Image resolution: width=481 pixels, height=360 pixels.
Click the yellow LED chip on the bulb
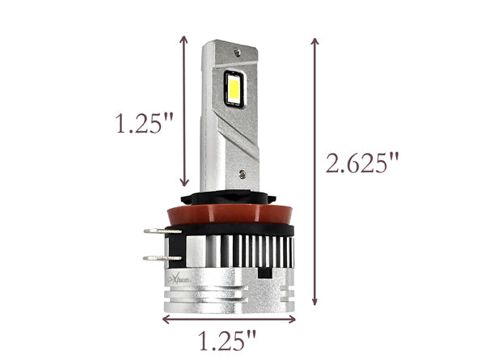234,89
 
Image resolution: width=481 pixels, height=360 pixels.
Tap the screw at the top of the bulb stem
237,53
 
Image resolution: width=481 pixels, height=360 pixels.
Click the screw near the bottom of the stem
243,174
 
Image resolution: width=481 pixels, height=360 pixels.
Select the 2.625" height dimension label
362,163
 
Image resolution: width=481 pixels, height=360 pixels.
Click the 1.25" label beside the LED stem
144,123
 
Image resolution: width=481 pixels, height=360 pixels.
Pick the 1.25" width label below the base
228,341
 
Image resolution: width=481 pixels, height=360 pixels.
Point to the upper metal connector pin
162,231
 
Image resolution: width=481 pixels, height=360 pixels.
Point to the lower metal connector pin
162,258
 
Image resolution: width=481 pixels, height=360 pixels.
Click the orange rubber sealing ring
230,214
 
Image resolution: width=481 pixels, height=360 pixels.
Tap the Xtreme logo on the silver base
181,280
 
